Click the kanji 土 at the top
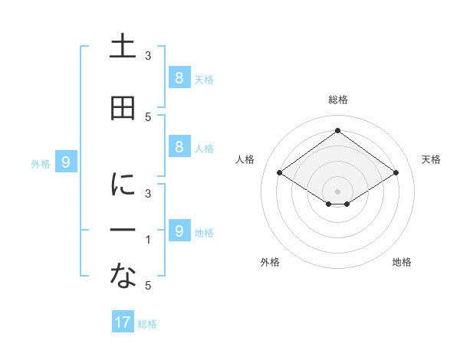[x=123, y=47]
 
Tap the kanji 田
[x=123, y=109]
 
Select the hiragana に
[x=123, y=184]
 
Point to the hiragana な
[x=123, y=277]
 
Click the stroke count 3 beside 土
[x=148, y=55]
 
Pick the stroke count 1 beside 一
[x=148, y=240]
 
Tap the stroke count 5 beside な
[x=148, y=286]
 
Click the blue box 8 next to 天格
[x=179, y=77]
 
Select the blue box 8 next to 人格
[x=179, y=147]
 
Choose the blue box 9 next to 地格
[x=179, y=231]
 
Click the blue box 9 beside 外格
[x=66, y=162]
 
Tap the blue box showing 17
[x=123, y=322]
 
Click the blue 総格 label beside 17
[x=147, y=324]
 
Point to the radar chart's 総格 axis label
[x=337, y=100]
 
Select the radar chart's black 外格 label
[x=270, y=262]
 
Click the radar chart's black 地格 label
[x=402, y=262]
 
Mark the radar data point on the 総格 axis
[x=337, y=130]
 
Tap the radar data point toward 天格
[x=396, y=173]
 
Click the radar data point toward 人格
[x=280, y=173]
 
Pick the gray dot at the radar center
[x=337, y=191]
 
